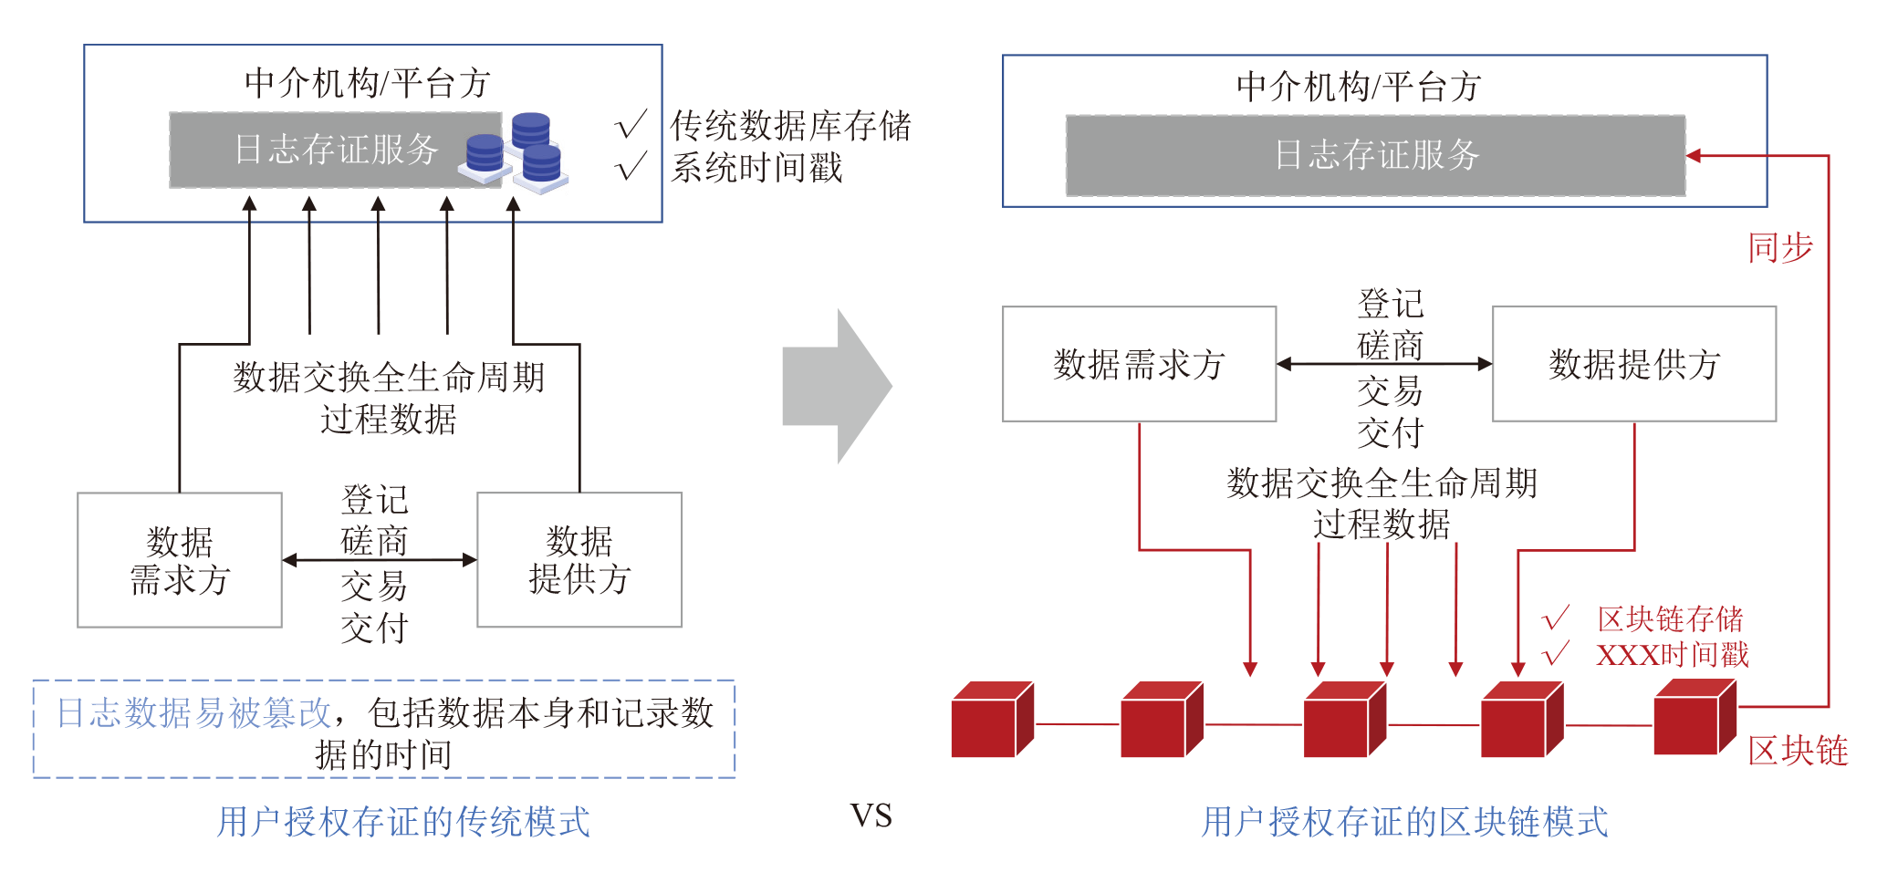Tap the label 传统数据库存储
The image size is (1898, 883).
pos(790,126)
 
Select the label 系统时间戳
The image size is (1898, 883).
pos(757,168)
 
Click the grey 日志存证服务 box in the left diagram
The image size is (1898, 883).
pos(335,151)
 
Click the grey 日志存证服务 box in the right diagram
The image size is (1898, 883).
pos(1375,155)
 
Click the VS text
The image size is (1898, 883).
pos(871,815)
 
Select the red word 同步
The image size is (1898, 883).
pos(1780,248)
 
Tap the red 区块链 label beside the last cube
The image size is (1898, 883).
pos(1798,751)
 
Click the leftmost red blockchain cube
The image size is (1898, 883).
pos(991,721)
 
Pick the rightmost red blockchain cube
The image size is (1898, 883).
pos(1695,718)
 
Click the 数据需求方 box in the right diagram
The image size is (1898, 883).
pos(1139,364)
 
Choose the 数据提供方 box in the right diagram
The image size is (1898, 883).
pos(1633,364)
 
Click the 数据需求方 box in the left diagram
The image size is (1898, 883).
pos(180,560)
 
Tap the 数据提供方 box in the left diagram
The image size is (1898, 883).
pos(579,560)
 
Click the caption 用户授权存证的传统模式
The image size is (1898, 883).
pos(403,822)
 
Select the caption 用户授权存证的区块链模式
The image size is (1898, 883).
pos(1404,822)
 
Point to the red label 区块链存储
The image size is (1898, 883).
pos(1670,619)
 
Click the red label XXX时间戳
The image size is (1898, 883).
pos(1672,655)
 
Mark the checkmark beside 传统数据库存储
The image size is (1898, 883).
pos(631,125)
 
